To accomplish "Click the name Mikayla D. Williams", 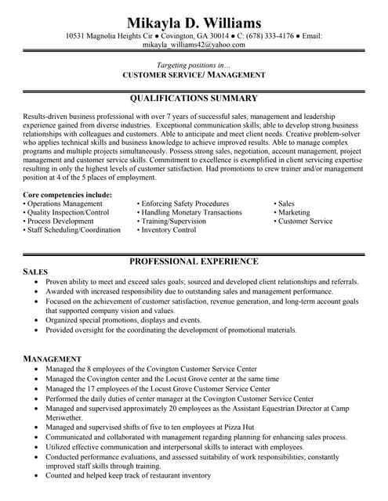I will (x=194, y=21).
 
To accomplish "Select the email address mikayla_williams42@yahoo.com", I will (x=194, y=45).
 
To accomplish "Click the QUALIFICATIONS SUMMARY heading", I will (x=194, y=99).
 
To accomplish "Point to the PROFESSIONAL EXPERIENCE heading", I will (x=194, y=261).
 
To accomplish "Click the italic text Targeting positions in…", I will (x=194, y=64).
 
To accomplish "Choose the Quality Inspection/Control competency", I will (x=67, y=212).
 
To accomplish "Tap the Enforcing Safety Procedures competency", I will (x=185, y=204).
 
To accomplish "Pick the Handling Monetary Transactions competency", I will (x=191, y=212).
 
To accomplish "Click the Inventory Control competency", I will (x=169, y=230).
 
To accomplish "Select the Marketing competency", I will (x=294, y=212).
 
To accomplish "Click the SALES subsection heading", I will (x=36, y=271).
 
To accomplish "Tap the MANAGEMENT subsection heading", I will (x=53, y=359).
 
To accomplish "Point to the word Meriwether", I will (x=65, y=418).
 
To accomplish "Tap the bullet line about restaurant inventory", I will (x=129, y=475).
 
